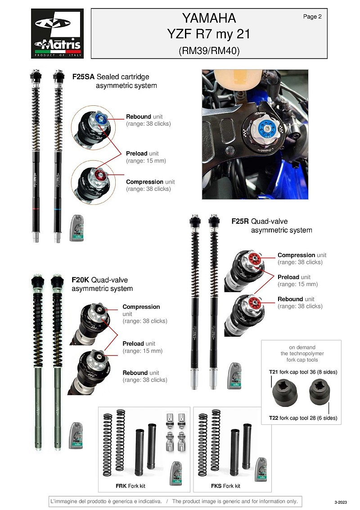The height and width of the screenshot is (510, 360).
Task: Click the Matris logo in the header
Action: pos(57,33)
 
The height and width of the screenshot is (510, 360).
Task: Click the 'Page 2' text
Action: pos(312,17)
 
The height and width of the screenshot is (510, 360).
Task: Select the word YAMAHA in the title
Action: pos(209,18)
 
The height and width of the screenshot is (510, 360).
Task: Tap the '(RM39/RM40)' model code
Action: pos(209,51)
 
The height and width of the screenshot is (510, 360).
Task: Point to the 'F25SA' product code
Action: pos(83,77)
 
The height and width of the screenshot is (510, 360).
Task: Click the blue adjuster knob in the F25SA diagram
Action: pos(99,118)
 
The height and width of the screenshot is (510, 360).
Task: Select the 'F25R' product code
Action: pos(240,221)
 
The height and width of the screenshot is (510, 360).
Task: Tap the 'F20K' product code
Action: pos(81,280)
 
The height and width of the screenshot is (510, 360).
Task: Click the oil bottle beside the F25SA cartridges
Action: pos(77,228)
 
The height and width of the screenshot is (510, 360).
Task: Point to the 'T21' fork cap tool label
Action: pos(274,372)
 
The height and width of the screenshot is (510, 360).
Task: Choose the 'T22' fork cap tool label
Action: pos(274,418)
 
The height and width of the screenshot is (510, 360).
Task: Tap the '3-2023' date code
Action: pos(341,502)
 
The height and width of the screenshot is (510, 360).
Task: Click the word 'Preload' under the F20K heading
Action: pos(133,344)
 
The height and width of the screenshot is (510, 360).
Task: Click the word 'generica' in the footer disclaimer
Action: pos(122,501)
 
